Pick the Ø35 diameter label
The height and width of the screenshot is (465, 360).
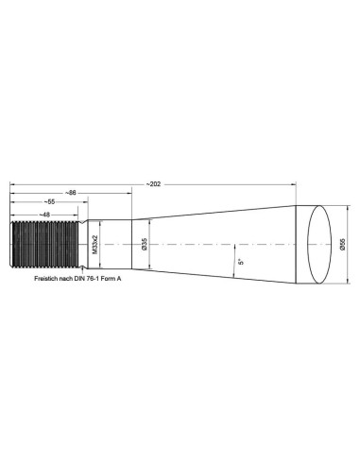[x=144, y=244]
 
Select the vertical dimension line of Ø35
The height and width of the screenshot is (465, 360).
[x=149, y=244]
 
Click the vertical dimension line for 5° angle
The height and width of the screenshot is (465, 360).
[x=234, y=260]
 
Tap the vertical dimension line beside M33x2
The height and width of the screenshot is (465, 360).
[x=102, y=244]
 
